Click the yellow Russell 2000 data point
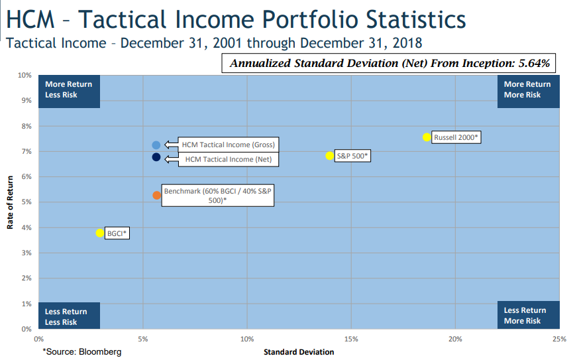pyautogui.click(x=427, y=137)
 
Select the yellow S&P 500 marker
pyautogui.click(x=329, y=156)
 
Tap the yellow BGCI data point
pyautogui.click(x=100, y=233)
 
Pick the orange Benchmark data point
pyautogui.click(x=156, y=196)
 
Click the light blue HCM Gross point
pyautogui.click(x=156, y=145)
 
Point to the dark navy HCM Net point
pyautogui.click(x=156, y=157)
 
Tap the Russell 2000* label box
pyautogui.click(x=456, y=137)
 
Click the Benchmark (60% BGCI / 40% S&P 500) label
pyautogui.click(x=218, y=195)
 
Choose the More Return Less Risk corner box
pyautogui.click(x=69, y=90)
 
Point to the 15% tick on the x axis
pyautogui.click(x=351, y=339)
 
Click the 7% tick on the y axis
pyautogui.click(x=27, y=151)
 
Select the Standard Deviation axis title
pyautogui.click(x=299, y=351)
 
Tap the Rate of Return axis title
pyautogui.click(x=11, y=202)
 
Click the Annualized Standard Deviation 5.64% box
pyautogui.click(x=389, y=64)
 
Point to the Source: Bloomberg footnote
pyautogui.click(x=82, y=351)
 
